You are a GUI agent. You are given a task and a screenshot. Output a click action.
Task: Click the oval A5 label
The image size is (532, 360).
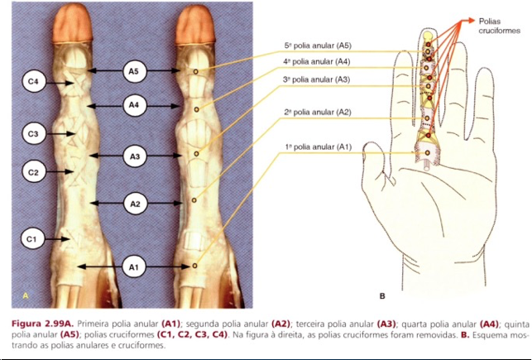tap(135, 72)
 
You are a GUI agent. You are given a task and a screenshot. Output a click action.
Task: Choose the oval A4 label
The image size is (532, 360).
tap(135, 105)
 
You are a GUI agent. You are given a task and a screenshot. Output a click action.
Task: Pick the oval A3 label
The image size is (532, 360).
tap(135, 156)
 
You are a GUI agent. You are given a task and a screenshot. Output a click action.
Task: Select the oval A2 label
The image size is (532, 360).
tap(135, 202)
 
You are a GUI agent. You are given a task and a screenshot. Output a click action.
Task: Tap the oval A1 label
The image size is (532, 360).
tap(135, 266)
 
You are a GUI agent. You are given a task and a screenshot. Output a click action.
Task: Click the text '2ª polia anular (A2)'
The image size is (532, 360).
tap(317, 112)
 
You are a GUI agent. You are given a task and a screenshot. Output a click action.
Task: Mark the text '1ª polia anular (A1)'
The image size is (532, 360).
tap(319, 146)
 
